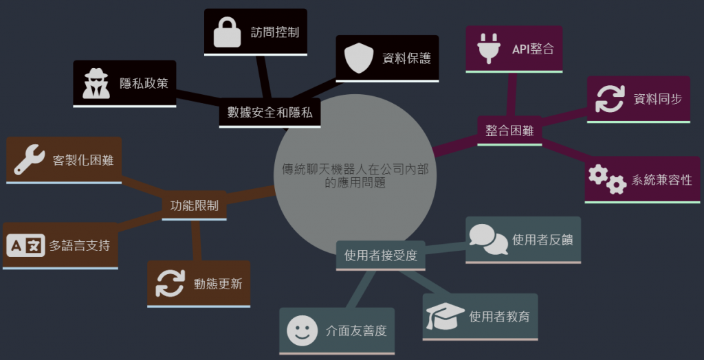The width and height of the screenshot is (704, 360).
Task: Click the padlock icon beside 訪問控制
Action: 227,32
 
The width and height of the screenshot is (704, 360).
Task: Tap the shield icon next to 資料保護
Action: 358,58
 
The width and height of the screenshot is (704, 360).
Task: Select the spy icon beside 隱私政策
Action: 96,83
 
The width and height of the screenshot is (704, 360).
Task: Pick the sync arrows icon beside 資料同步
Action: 610,98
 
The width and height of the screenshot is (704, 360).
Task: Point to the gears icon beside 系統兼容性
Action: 607,180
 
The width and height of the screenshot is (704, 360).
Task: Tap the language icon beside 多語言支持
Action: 25,245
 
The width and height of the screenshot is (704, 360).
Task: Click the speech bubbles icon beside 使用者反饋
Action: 488,239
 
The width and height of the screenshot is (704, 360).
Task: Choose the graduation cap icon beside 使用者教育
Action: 444,316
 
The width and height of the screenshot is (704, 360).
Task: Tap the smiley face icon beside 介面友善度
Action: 302,330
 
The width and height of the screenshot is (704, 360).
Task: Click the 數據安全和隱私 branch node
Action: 269,113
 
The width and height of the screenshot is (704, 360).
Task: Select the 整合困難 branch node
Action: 509,131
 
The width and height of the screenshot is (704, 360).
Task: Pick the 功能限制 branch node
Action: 194,205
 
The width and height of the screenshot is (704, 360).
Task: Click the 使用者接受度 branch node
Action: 380,256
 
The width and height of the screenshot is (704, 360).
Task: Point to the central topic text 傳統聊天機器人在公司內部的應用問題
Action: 355,176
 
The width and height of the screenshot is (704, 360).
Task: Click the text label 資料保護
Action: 406,58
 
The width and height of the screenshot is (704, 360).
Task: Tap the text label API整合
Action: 533,49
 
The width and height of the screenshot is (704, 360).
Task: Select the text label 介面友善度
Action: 356,330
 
